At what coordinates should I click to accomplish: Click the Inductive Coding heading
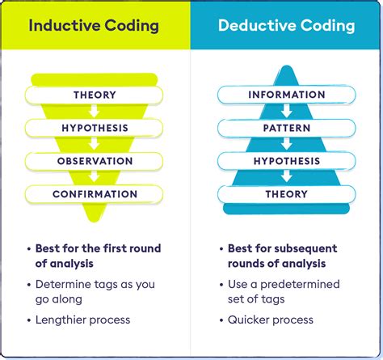click(95, 25)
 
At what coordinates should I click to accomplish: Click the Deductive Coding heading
click(286, 25)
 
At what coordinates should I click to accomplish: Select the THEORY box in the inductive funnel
click(95, 95)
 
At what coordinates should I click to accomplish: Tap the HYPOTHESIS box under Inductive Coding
click(95, 128)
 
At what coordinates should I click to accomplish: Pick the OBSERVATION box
click(95, 161)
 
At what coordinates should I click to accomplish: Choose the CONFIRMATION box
click(95, 194)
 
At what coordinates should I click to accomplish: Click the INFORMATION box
click(286, 95)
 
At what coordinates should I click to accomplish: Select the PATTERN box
click(286, 128)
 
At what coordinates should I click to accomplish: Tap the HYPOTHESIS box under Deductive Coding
click(286, 161)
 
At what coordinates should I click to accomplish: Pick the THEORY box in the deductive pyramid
click(286, 194)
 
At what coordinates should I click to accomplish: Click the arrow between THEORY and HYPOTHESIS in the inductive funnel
click(95, 112)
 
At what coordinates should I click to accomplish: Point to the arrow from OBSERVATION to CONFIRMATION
click(95, 178)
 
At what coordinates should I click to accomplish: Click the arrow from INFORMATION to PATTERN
click(286, 112)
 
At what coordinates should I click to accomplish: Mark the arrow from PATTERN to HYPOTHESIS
click(286, 145)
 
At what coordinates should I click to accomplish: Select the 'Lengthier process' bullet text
click(83, 320)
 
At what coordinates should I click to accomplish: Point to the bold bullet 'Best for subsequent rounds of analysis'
click(283, 256)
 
